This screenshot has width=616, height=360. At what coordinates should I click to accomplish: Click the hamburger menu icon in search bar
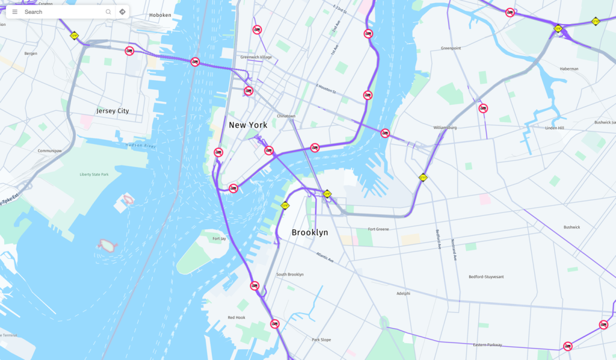[x=15, y=11]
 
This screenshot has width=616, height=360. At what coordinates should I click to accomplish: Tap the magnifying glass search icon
[x=108, y=11]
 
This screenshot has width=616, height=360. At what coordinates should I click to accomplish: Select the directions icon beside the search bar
[x=122, y=11]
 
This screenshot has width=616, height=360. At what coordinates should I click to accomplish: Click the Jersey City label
[x=112, y=111]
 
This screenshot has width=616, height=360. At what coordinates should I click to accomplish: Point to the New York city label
[x=248, y=125]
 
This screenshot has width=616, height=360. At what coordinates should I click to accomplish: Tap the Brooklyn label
[x=310, y=232]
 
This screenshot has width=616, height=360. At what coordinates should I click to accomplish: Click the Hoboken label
[x=160, y=15]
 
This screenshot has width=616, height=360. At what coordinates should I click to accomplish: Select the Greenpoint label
[x=451, y=48]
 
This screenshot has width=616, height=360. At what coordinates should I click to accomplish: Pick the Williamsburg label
[x=445, y=128]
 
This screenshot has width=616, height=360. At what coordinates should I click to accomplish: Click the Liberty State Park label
[x=94, y=175]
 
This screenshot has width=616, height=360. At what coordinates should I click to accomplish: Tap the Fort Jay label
[x=219, y=238]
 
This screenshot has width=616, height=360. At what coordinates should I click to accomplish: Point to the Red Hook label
[x=236, y=317]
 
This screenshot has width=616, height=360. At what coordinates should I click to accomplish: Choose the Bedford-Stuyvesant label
[x=486, y=277]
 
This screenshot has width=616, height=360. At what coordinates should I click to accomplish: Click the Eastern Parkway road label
[x=487, y=345]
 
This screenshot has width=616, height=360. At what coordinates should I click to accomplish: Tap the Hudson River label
[x=141, y=146]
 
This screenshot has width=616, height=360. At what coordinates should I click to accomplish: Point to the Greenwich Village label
[x=256, y=57]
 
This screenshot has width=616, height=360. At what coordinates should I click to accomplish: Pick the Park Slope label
[x=321, y=340]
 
